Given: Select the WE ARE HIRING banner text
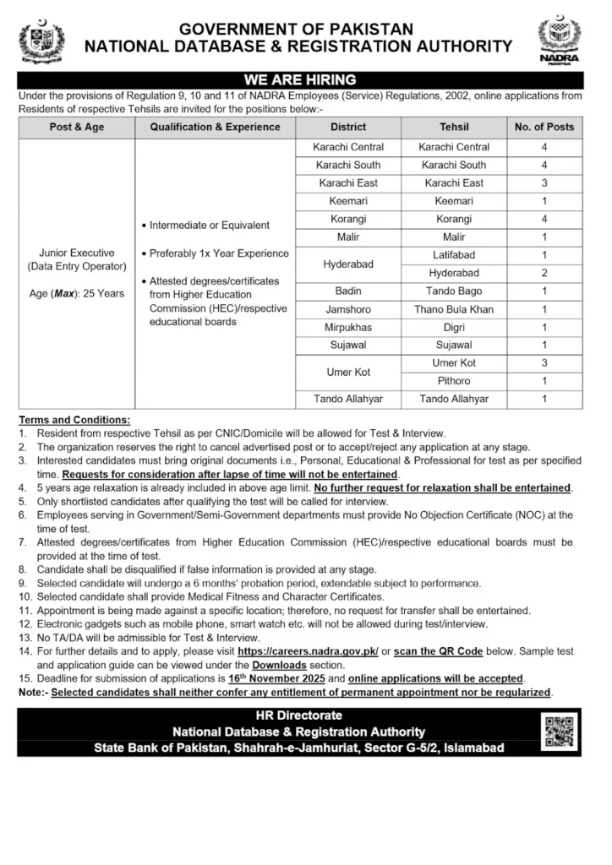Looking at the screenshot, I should pyautogui.click(x=299, y=80).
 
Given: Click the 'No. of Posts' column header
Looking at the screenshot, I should pyautogui.click(x=544, y=127).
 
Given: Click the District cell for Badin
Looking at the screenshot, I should pyautogui.click(x=348, y=291).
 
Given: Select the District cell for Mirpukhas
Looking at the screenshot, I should pyautogui.click(x=348, y=327).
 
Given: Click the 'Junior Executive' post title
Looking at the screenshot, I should pyautogui.click(x=77, y=253).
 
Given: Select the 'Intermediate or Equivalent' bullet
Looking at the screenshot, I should pyautogui.click(x=210, y=226).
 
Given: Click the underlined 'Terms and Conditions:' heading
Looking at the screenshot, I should pyautogui.click(x=75, y=420).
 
